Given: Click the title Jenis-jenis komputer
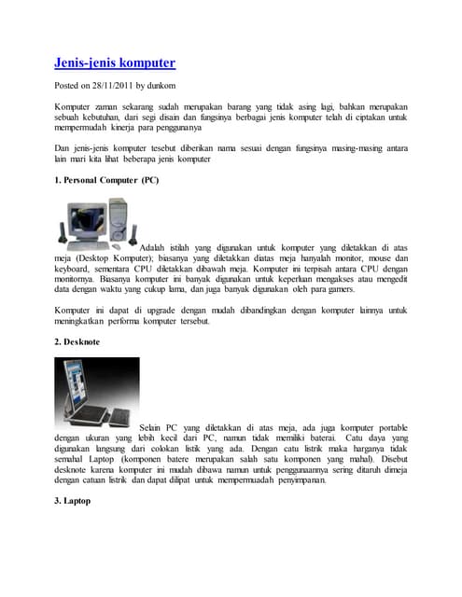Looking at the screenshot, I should (x=114, y=63).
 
